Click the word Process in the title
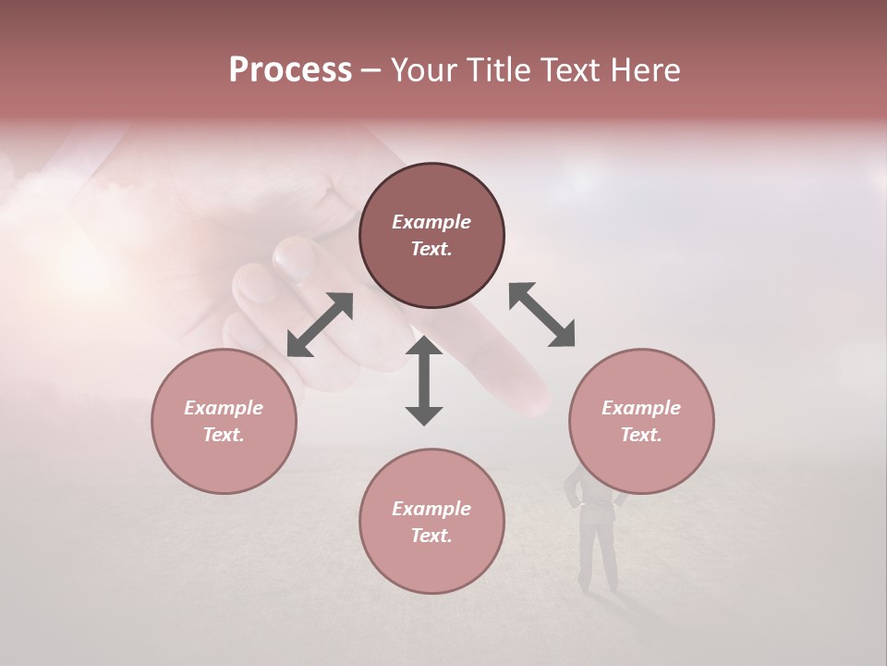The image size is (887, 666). click(x=290, y=70)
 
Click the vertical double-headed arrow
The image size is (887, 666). click(x=424, y=380)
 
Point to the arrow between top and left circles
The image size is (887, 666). click(x=320, y=325)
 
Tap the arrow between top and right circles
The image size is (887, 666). click(x=541, y=314)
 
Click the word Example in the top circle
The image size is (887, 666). click(x=431, y=222)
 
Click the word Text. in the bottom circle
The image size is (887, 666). click(x=431, y=536)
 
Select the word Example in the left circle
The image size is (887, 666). click(x=224, y=408)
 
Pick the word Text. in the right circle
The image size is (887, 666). click(x=641, y=435)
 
